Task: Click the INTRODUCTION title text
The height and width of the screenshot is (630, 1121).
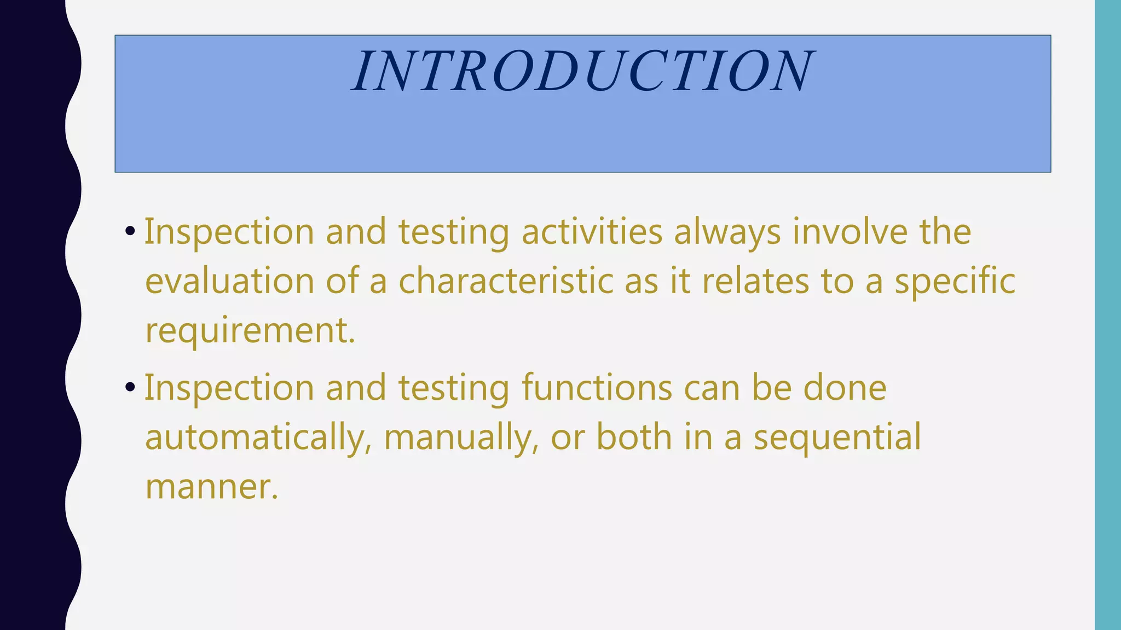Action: click(583, 71)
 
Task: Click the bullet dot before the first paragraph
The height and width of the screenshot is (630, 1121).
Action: click(130, 231)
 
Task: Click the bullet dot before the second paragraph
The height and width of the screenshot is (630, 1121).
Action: click(130, 388)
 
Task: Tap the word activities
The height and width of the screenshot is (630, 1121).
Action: click(592, 231)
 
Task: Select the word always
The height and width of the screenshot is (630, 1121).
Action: click(727, 232)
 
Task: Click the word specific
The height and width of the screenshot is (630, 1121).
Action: click(955, 282)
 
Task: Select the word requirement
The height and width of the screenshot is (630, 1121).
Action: click(250, 331)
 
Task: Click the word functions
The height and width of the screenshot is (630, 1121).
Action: click(597, 388)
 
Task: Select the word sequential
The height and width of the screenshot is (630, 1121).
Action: click(837, 438)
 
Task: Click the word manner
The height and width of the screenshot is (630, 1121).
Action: click(211, 487)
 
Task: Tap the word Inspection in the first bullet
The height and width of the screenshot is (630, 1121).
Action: click(229, 232)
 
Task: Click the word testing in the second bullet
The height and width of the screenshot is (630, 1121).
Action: click(453, 389)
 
